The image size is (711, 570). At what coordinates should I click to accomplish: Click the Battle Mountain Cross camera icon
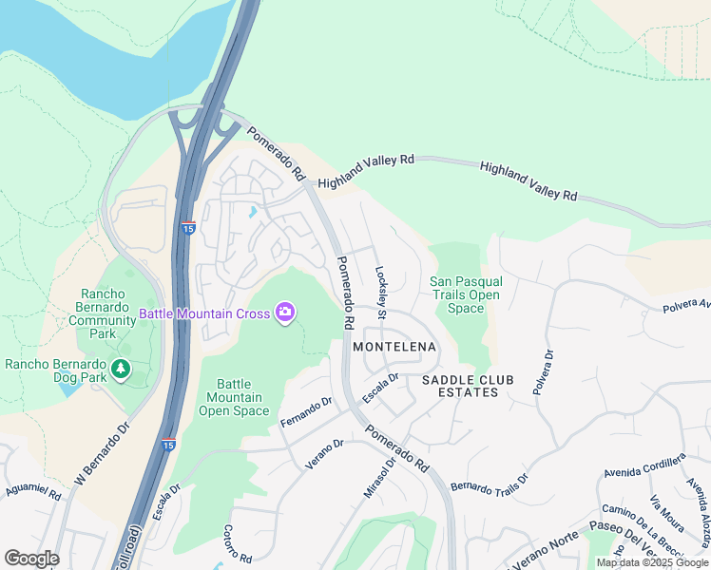pyautogui.click(x=284, y=313)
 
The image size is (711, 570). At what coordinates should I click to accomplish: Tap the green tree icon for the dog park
pyautogui.click(x=121, y=369)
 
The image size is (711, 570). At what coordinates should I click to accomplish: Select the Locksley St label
pyautogui.click(x=381, y=292)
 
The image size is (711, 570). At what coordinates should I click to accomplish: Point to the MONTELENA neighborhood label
pyautogui.click(x=394, y=348)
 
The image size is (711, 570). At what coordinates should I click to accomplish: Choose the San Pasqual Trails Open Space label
pyautogui.click(x=466, y=294)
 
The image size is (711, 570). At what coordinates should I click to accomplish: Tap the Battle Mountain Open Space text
pyautogui.click(x=234, y=397)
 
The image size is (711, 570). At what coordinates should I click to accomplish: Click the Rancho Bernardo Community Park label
pyautogui.click(x=103, y=313)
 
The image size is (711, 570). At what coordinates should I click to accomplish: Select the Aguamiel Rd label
pyautogui.click(x=34, y=488)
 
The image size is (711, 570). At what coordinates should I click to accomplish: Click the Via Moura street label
pyautogui.click(x=668, y=513)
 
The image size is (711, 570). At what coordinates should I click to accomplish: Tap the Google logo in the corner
pyautogui.click(x=31, y=559)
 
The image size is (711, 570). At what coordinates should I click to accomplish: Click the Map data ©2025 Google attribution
pyautogui.click(x=652, y=562)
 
